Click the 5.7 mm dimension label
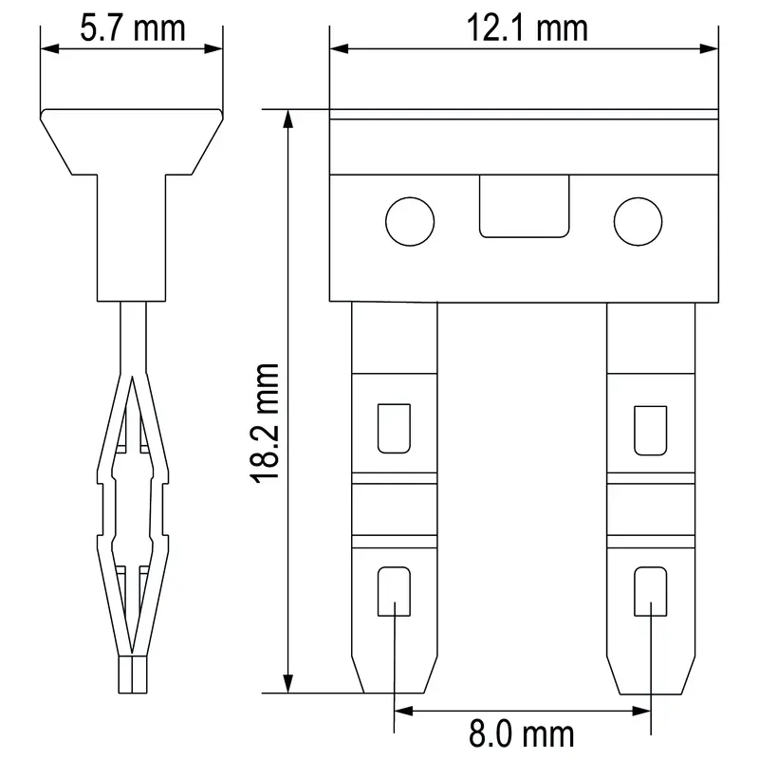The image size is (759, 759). coord(132,28)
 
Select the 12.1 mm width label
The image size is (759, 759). coord(526,28)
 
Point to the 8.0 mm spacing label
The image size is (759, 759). coord(522,732)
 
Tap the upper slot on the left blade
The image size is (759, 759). coord(394,428)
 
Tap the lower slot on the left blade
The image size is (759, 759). coord(394,590)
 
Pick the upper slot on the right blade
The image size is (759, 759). coord(650,428)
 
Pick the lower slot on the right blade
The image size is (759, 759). coord(650,590)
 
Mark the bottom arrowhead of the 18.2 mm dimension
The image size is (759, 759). coord(287,685)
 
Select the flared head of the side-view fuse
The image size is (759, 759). coord(132,142)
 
